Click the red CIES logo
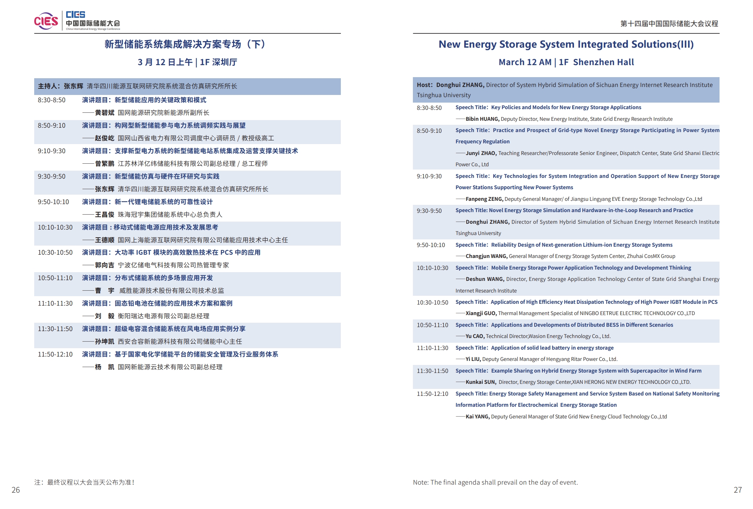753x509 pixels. [46, 21]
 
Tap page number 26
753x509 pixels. [16, 490]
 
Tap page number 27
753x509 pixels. [737, 490]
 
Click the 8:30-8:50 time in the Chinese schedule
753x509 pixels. [52, 100]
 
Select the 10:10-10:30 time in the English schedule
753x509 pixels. [433, 268]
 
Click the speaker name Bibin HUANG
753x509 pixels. [482, 119]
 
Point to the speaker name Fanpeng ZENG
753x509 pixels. [484, 199]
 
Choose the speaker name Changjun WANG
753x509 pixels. [486, 256]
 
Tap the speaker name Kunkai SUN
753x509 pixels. [481, 382]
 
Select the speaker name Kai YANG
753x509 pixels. [478, 417]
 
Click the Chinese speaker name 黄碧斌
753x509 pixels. [105, 113]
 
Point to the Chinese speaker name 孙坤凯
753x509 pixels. [105, 342]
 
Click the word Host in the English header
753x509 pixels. [424, 85]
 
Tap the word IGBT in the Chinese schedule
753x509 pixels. [144, 252]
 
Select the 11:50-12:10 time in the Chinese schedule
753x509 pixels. [55, 354]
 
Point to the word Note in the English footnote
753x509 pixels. [420, 482]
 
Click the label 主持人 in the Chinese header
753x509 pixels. [47, 86]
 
